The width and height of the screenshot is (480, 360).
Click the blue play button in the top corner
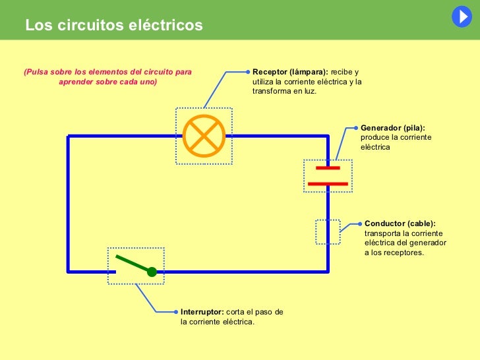pyautogui.click(x=462, y=16)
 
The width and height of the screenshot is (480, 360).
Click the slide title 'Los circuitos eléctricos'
pyautogui.click(x=114, y=26)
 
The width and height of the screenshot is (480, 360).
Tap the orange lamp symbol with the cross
pyautogui.click(x=204, y=136)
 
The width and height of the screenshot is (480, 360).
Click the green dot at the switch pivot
pyautogui.click(x=152, y=272)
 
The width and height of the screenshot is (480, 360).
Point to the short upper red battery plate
pyautogui.click(x=328, y=167)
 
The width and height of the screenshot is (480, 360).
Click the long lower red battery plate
pyautogui.click(x=328, y=183)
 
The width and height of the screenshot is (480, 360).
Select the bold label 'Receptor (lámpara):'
pyautogui.click(x=290, y=72)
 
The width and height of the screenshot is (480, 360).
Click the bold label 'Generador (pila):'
pyautogui.click(x=393, y=127)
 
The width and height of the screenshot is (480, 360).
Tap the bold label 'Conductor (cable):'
pyautogui.click(x=400, y=224)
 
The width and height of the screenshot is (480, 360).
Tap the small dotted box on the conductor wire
pyautogui.click(x=328, y=231)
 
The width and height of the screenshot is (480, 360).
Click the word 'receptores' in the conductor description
pyautogui.click(x=404, y=253)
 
